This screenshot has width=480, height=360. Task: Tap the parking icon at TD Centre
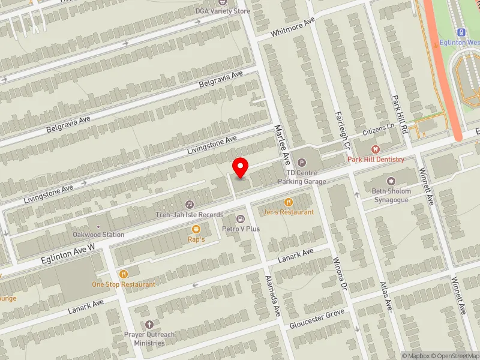[x=302, y=162]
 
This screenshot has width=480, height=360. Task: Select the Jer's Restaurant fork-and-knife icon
[x=289, y=202]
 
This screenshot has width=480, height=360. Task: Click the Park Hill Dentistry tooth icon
[x=376, y=149]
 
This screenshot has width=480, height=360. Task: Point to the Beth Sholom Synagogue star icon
[x=392, y=181]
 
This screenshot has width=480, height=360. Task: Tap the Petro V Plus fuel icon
[x=241, y=218]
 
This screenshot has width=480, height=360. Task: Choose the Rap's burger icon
[x=196, y=229]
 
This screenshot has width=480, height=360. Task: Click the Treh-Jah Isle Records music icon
[x=190, y=205]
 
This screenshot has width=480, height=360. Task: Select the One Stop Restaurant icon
[x=124, y=274]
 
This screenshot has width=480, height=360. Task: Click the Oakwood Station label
[x=98, y=235]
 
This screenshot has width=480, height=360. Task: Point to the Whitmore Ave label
[x=293, y=26]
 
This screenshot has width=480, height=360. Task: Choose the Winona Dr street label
[x=340, y=274]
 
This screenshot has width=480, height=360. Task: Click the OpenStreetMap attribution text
[x=454, y=356]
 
